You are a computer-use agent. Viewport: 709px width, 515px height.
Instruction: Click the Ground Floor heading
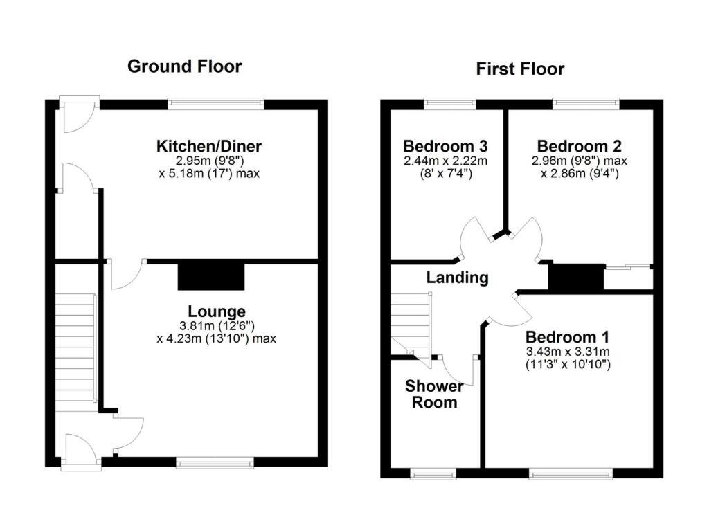[185, 66]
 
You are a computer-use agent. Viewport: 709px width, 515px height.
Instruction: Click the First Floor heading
[520, 69]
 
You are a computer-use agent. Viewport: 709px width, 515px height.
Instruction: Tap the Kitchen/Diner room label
[208, 147]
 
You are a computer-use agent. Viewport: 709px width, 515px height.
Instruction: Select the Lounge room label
[217, 311]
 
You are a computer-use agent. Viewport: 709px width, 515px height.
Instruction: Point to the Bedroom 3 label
[445, 147]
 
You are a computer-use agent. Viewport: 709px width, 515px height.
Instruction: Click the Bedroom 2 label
[579, 147]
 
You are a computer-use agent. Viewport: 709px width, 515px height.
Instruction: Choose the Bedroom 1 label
[567, 338]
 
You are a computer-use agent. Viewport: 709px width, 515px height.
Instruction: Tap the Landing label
[457, 278]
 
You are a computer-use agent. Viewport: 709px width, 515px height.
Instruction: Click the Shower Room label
[431, 394]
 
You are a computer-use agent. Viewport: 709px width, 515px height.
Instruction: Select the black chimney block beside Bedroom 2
[575, 277]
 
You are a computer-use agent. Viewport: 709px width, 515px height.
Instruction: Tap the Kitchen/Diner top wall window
[216, 105]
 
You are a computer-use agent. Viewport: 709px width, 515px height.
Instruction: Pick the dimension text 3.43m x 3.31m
[567, 352]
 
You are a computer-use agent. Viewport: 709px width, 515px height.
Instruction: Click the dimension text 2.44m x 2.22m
[445, 161]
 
